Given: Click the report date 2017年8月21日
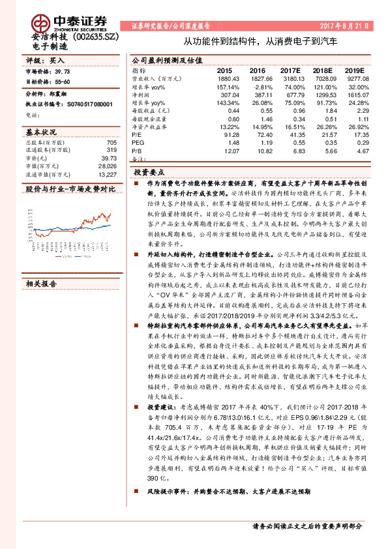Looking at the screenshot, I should tap(344, 27).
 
